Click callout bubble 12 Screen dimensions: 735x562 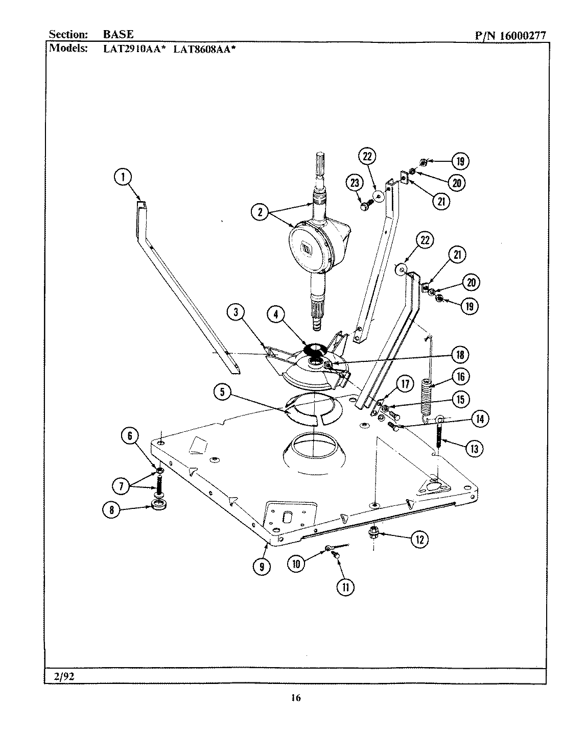[x=419, y=540]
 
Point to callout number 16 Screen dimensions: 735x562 [x=460, y=377]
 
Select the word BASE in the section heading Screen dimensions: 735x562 [x=119, y=34]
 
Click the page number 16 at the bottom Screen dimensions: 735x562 [x=295, y=698]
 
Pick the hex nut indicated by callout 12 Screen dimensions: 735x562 [x=372, y=533]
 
